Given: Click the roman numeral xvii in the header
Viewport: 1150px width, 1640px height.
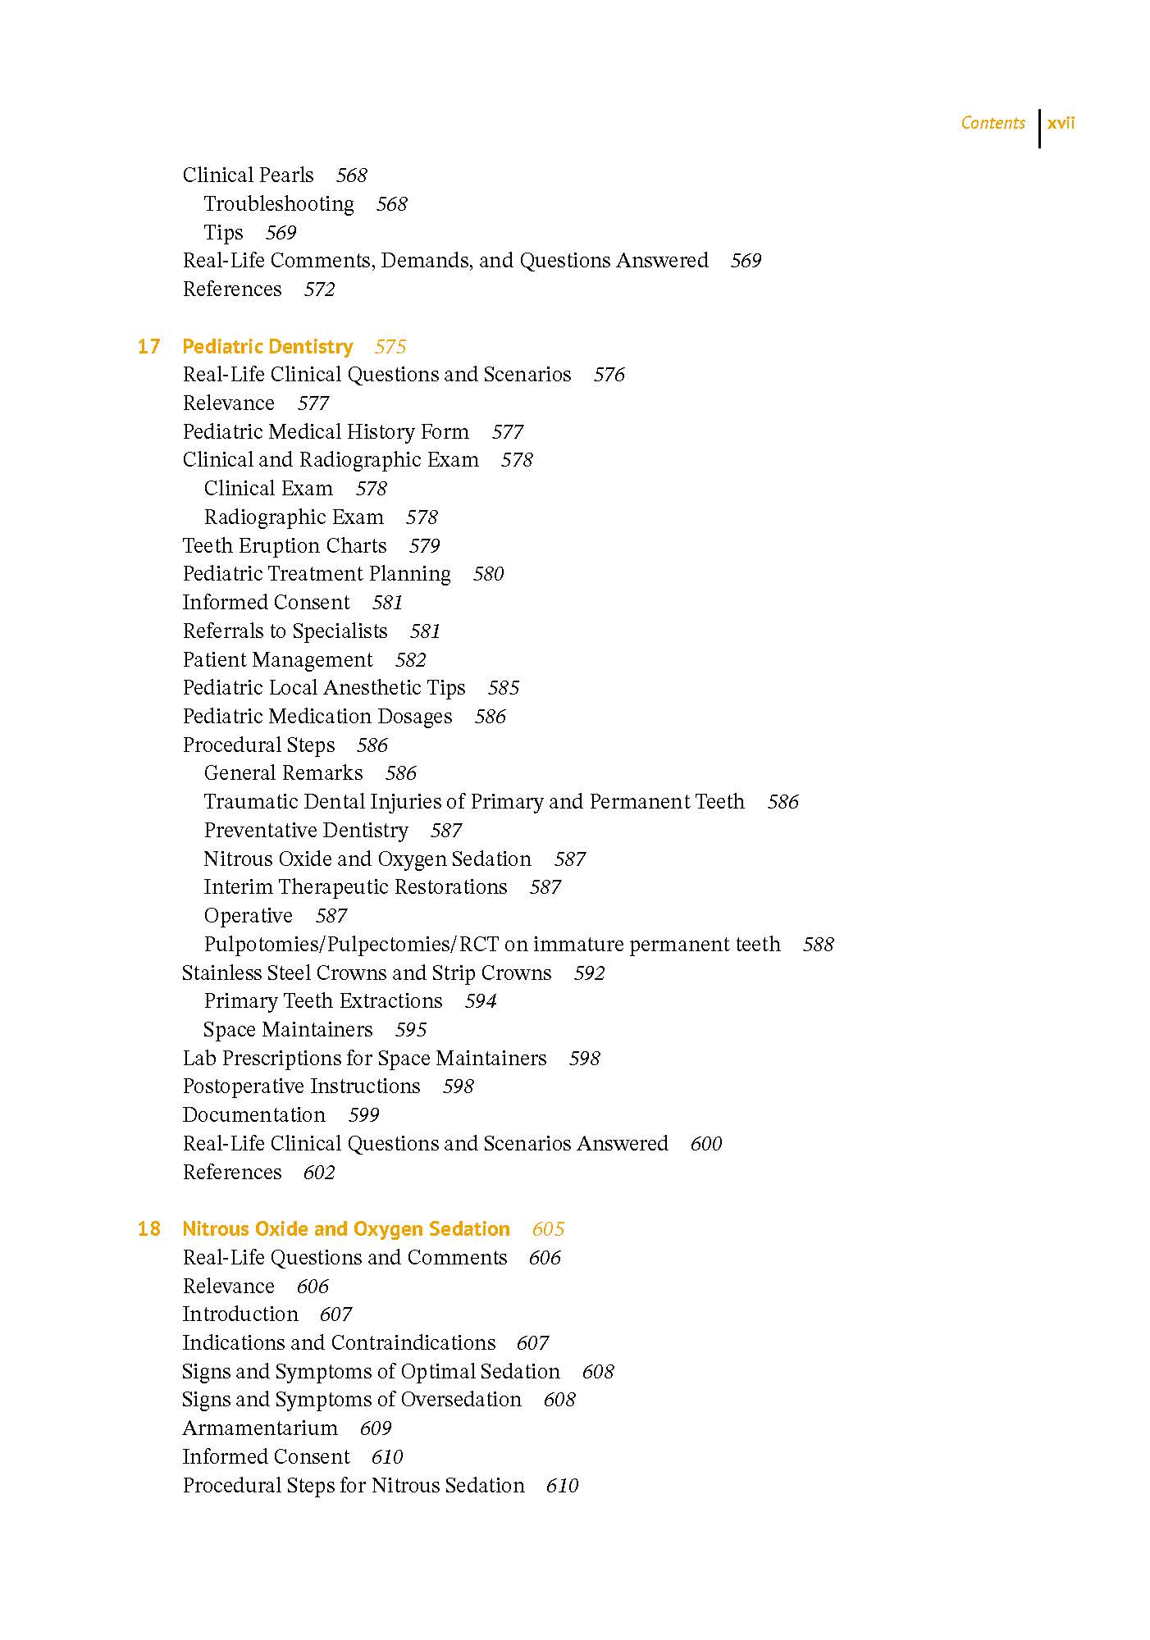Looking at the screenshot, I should click(x=1061, y=123).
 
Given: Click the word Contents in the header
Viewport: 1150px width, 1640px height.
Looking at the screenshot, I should click(x=993, y=123).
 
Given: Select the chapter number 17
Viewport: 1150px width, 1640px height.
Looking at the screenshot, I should click(x=148, y=346).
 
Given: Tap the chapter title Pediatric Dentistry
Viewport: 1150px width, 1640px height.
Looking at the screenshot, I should click(x=267, y=346).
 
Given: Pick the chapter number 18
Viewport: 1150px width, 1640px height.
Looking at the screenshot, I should click(x=148, y=1228).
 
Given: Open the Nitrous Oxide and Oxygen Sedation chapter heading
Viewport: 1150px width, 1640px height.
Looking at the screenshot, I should click(x=345, y=1228).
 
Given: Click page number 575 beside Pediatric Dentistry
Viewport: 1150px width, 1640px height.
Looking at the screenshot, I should click(x=390, y=347).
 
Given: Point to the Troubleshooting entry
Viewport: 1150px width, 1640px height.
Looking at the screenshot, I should click(x=279, y=203).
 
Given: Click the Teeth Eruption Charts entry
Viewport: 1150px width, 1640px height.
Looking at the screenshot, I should click(x=284, y=545).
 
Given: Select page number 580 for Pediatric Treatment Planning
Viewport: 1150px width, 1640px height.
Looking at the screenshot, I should click(x=488, y=574).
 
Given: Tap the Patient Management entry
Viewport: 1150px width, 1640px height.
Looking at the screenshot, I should click(x=277, y=659).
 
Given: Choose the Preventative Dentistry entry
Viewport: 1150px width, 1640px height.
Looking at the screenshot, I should click(x=305, y=830).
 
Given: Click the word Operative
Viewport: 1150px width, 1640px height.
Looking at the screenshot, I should click(x=248, y=915).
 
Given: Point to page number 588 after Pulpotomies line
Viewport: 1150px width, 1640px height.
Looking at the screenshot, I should click(x=818, y=945).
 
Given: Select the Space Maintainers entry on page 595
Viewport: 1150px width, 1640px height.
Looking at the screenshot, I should click(x=287, y=1029).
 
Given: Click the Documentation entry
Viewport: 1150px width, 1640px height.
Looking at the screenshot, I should click(x=253, y=1114).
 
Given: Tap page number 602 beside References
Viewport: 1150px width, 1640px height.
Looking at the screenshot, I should click(x=319, y=1173).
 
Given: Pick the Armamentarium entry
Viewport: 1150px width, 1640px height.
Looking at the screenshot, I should click(x=259, y=1428).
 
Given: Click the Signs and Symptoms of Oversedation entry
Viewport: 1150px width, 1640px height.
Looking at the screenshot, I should click(x=351, y=1399).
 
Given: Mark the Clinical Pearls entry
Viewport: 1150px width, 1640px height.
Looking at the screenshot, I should click(x=248, y=175).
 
